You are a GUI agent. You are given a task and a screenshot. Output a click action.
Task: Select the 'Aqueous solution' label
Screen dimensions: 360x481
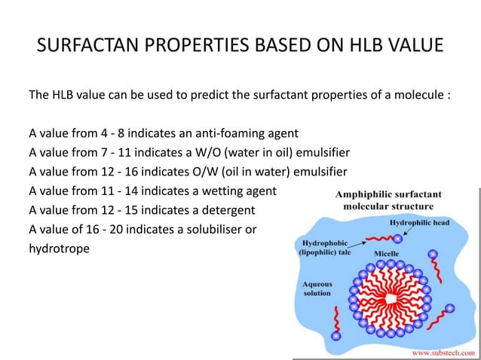point(318,290)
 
